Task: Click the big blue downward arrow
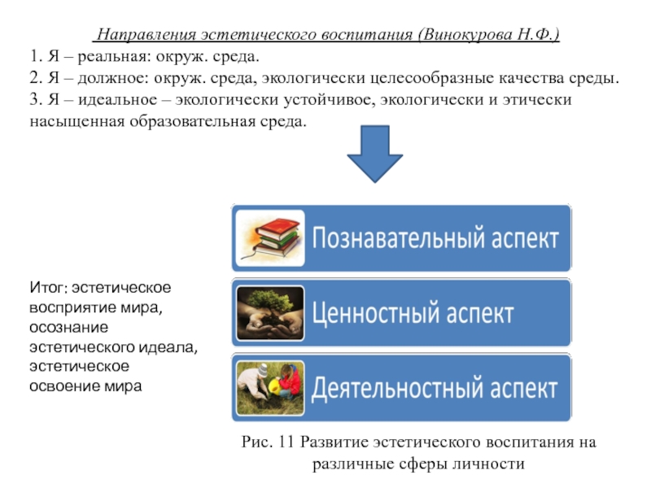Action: (375, 154)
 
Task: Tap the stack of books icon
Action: (270, 238)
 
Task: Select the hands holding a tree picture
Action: (270, 313)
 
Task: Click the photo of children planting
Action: (270, 388)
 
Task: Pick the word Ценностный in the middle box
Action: (370, 313)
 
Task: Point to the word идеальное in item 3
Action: (117, 99)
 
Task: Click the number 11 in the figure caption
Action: (286, 442)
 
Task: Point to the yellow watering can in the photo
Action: (274, 386)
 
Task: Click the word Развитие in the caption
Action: (334, 442)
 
